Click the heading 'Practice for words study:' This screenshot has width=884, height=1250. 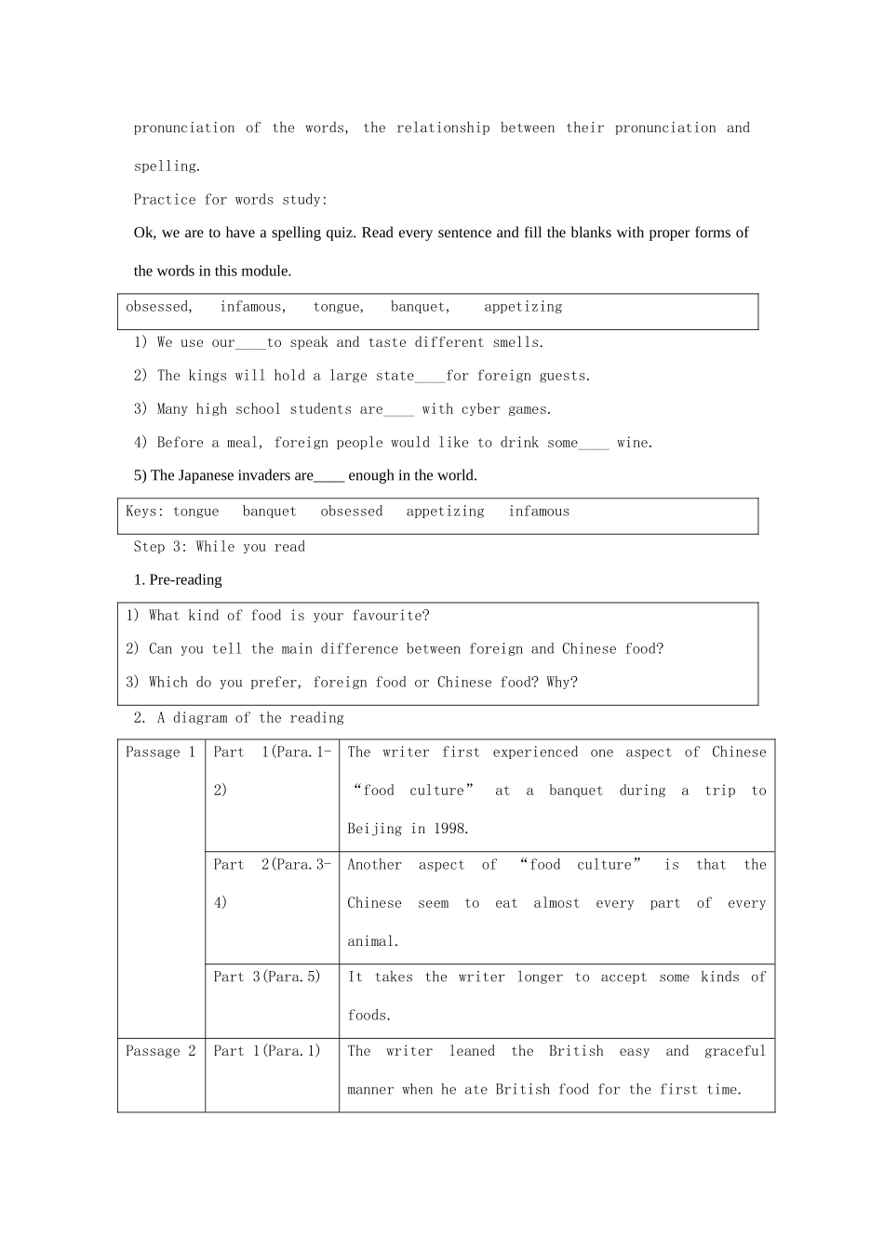click(230, 200)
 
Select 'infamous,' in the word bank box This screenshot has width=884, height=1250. click(253, 307)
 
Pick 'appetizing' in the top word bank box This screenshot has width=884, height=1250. click(523, 307)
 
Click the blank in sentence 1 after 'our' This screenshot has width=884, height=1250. click(251, 343)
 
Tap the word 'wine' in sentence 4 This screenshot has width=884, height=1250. click(633, 443)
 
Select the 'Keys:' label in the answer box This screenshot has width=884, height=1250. click(145, 512)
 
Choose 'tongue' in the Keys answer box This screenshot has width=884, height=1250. click(196, 512)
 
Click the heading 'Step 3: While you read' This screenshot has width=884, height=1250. click(220, 547)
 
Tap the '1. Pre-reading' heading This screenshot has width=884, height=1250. click(178, 579)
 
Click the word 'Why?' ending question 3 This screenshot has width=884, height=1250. click(562, 683)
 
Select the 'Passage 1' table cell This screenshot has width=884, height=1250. click(160, 752)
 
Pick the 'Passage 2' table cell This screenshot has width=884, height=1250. click(160, 1051)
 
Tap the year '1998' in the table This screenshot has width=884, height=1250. click(450, 829)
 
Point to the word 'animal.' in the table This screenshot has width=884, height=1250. click(373, 941)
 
